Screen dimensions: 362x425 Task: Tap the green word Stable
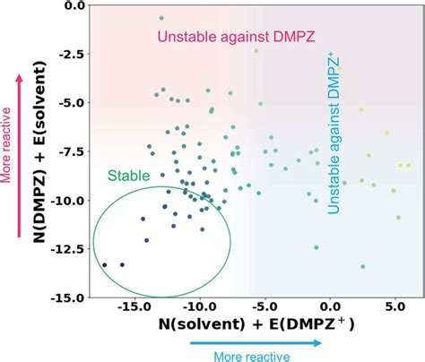[128, 176]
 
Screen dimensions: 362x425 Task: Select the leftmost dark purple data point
[105, 264]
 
